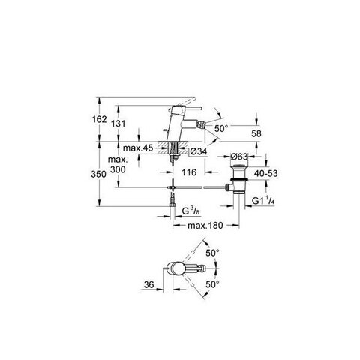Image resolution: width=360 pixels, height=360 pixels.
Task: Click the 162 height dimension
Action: (x=99, y=119)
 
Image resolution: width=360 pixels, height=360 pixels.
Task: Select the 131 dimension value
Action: (x=118, y=124)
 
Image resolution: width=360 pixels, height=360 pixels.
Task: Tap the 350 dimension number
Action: (x=98, y=174)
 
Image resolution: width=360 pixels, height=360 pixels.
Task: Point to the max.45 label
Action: (x=138, y=148)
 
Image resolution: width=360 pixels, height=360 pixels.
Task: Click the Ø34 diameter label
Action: (x=198, y=151)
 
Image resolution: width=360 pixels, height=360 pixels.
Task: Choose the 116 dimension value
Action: (x=189, y=172)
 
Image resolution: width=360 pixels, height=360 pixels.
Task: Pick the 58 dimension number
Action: (x=256, y=133)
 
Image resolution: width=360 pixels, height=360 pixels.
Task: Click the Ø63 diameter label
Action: (x=239, y=157)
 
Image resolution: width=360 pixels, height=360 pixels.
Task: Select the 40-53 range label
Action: (x=266, y=173)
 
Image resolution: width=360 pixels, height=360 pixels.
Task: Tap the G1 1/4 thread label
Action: (x=263, y=201)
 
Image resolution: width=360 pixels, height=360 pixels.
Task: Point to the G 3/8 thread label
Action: (x=190, y=211)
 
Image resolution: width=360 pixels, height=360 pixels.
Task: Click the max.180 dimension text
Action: (x=205, y=226)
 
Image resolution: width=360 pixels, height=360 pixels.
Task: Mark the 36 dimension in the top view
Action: (x=149, y=284)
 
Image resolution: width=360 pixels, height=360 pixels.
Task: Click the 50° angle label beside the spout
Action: (x=221, y=129)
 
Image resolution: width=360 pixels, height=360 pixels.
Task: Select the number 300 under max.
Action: (x=118, y=169)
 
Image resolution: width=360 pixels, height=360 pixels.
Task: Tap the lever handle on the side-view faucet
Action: (x=190, y=108)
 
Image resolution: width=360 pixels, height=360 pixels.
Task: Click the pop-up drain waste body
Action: (x=239, y=178)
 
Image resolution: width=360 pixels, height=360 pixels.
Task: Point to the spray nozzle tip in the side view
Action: (x=202, y=124)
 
